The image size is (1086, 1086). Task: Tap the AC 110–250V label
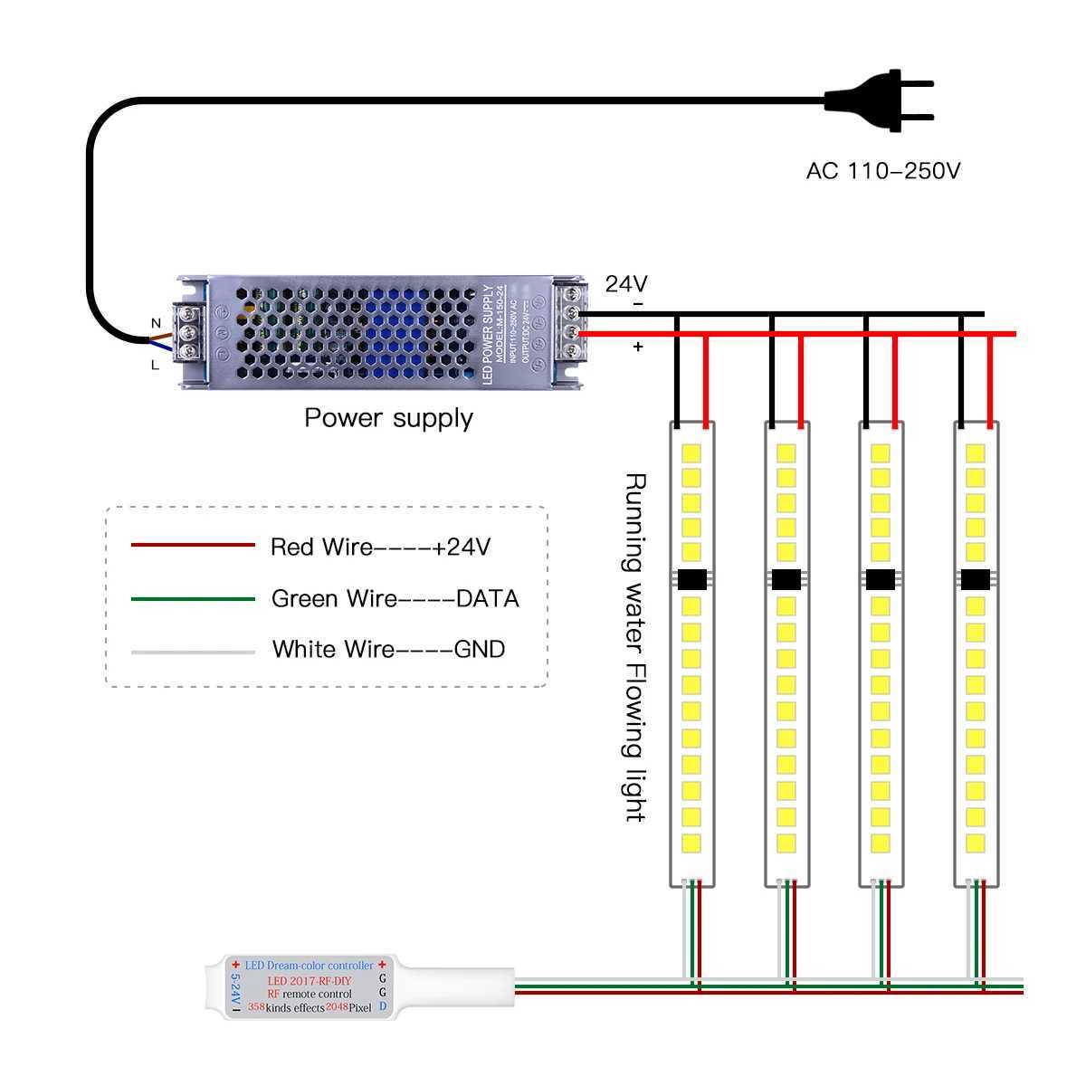(882, 170)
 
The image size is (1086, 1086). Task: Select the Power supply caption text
(388, 417)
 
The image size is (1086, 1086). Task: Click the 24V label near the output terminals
(626, 283)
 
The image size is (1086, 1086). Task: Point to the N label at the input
(156, 323)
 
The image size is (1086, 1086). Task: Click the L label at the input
(156, 366)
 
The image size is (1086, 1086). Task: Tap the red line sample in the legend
(193, 545)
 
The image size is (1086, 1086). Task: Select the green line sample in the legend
(193, 598)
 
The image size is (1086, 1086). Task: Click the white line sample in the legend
(193, 651)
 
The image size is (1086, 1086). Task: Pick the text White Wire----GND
(388, 649)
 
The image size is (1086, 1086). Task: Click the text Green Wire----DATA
(395, 598)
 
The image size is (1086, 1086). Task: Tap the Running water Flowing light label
(636, 647)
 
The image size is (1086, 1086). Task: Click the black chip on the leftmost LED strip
(692, 579)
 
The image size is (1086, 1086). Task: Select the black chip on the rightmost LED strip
(975, 579)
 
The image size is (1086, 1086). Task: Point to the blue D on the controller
(383, 1006)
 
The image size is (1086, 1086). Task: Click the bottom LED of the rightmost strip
(975, 844)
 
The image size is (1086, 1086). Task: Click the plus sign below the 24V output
(638, 347)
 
